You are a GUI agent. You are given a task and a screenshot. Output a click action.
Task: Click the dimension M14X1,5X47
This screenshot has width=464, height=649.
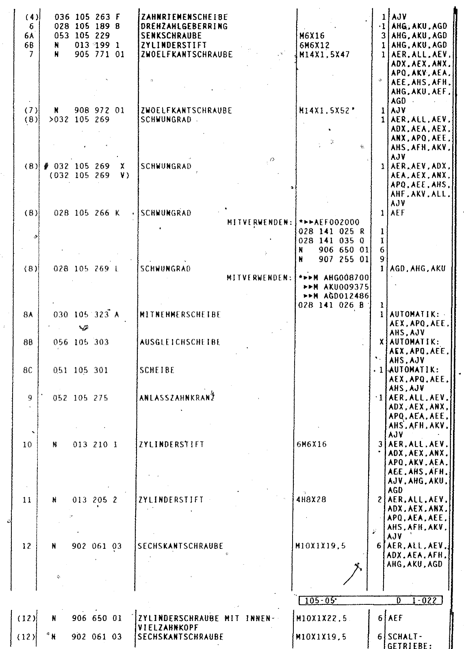[324, 54]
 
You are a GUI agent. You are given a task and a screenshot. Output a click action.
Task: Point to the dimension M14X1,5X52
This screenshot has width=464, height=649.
[324, 110]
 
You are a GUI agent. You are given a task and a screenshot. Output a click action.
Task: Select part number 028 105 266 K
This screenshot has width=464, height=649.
[87, 213]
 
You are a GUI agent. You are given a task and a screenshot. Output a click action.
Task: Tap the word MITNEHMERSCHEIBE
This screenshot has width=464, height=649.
[180, 315]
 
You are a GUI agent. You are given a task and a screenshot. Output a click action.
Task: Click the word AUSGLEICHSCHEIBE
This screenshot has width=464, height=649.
[180, 342]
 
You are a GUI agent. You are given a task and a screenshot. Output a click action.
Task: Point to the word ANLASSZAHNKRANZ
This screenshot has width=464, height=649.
[177, 398]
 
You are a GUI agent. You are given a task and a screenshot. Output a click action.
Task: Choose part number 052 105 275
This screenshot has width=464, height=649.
[81, 398]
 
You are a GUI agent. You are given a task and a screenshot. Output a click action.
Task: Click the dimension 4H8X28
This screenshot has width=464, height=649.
[312, 500]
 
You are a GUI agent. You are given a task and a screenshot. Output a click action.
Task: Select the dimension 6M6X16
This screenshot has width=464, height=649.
[312, 444]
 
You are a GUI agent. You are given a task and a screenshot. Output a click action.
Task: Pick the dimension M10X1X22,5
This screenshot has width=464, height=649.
[322, 619]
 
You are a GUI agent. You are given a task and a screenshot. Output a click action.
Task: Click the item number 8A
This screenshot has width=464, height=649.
[28, 315]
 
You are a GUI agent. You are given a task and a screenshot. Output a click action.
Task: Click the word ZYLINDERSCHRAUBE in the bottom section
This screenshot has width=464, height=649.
[179, 619]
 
